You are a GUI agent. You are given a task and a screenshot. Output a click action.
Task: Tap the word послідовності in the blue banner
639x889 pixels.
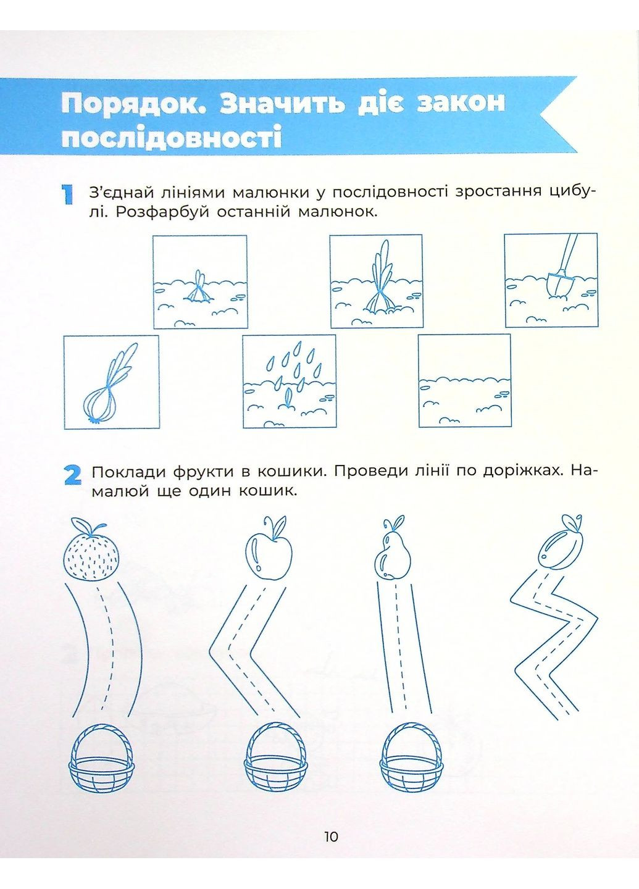[x=172, y=137]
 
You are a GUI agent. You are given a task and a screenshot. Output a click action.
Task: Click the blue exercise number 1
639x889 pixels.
[x=68, y=194]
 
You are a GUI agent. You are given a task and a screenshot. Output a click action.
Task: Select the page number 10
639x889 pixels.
[x=331, y=837]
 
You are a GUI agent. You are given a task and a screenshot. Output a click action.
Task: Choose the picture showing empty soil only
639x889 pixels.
[x=465, y=381]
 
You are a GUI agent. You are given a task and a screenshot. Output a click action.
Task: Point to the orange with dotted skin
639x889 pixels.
[x=91, y=556]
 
